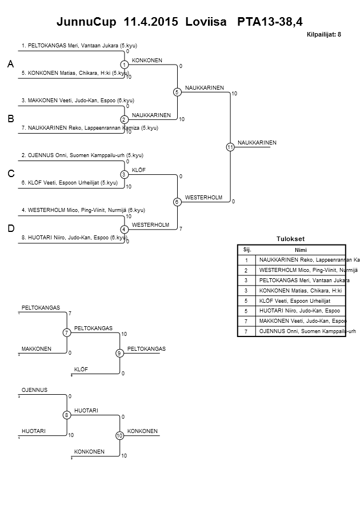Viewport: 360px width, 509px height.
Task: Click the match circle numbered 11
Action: (x=230, y=147)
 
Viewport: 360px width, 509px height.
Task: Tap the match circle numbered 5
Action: (x=177, y=92)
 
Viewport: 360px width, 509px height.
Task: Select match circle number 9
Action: (x=119, y=353)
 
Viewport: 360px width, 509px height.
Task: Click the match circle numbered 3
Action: (x=124, y=174)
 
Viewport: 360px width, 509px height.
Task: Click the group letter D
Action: (x=10, y=229)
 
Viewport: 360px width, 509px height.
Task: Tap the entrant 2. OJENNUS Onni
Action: (x=82, y=155)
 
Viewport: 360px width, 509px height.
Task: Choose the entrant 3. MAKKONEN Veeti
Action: (x=77, y=100)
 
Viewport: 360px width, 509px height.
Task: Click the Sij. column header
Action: (x=247, y=250)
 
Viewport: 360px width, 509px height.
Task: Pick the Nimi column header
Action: (x=301, y=250)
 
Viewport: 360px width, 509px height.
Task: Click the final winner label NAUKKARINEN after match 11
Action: (x=257, y=142)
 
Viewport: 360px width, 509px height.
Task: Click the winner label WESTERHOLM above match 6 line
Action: (x=203, y=197)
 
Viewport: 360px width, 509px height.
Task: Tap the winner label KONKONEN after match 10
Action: (x=142, y=431)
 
